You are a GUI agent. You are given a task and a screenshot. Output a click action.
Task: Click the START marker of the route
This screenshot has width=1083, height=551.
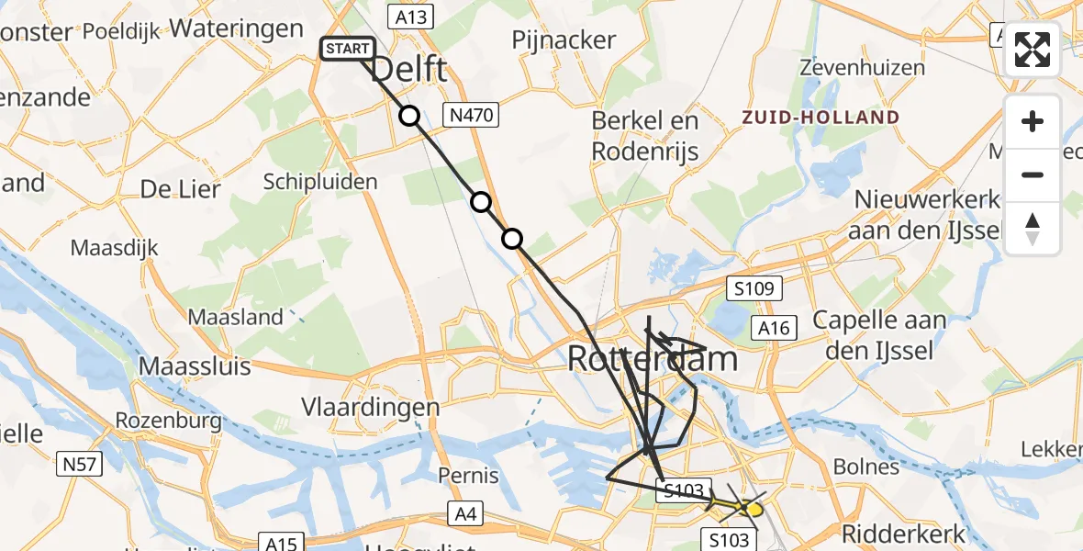point(347,49)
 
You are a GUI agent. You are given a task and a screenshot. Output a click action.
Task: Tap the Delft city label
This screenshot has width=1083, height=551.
point(409,69)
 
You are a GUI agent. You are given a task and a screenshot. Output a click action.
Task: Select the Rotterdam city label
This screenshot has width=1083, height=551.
point(653,358)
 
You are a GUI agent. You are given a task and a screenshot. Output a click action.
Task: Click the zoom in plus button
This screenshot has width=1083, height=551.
point(1033,121)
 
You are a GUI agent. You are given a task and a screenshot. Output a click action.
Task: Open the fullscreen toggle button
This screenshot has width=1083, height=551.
point(1033,50)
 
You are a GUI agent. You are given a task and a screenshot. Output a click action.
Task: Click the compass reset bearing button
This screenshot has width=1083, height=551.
point(1033,229)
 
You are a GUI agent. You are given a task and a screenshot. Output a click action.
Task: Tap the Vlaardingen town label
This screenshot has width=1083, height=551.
point(371,406)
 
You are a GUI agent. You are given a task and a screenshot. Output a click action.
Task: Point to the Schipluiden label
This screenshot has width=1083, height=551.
point(320,181)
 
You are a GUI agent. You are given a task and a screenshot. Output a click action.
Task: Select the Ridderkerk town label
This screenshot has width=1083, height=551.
point(904,534)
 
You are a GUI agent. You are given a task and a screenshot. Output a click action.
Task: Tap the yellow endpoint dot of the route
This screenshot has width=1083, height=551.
point(754,508)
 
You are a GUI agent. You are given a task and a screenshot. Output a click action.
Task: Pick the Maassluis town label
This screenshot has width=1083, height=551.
point(195,366)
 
